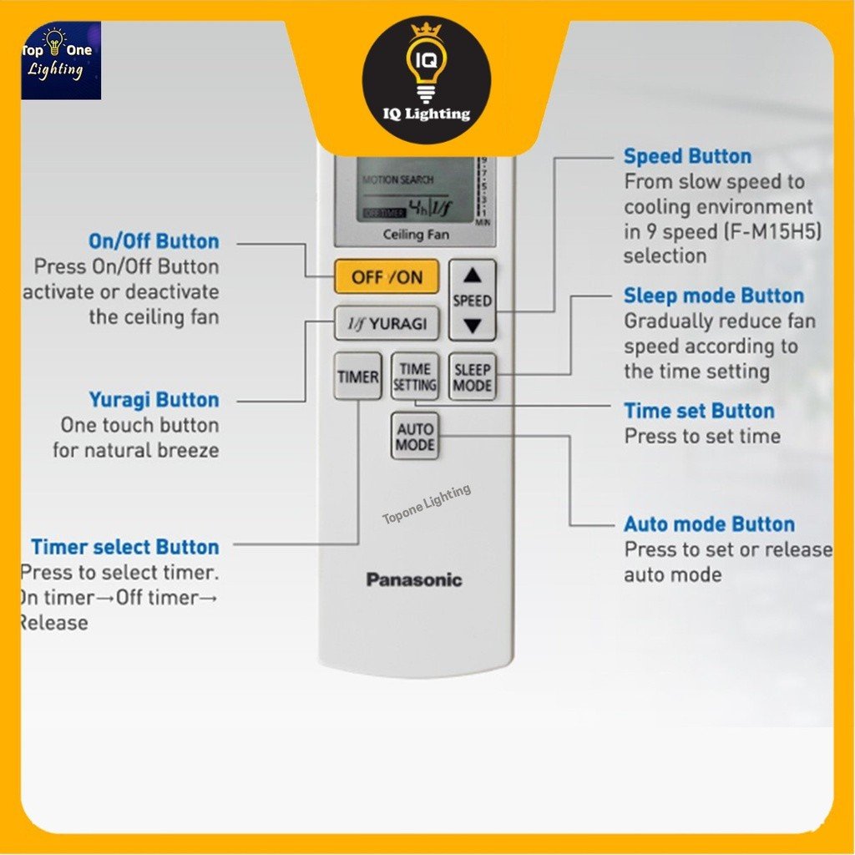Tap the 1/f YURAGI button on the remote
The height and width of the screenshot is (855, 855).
pyautogui.click(x=387, y=323)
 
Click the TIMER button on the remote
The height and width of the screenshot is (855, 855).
pyautogui.click(x=357, y=377)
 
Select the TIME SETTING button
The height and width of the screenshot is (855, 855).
pyautogui.click(x=415, y=377)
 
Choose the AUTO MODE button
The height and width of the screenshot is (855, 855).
pyautogui.click(x=415, y=437)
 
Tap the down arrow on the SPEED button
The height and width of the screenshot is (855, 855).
pyautogui.click(x=473, y=326)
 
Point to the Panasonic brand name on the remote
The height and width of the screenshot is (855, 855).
pyautogui.click(x=414, y=579)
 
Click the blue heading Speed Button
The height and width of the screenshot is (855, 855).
pyautogui.click(x=687, y=156)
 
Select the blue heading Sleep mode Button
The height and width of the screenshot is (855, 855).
pyautogui.click(x=713, y=296)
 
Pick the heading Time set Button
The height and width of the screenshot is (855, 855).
pyautogui.click(x=699, y=411)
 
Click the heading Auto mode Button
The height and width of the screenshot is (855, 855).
pyautogui.click(x=709, y=524)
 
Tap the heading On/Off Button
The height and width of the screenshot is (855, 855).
pyautogui.click(x=154, y=241)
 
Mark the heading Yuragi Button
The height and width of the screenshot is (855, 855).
pyautogui.click(x=154, y=400)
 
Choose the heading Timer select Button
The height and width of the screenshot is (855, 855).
pyautogui.click(x=125, y=547)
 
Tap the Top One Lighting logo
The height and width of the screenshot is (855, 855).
pyautogui.click(x=60, y=61)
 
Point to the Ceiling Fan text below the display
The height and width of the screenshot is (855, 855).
pyautogui.click(x=415, y=235)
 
